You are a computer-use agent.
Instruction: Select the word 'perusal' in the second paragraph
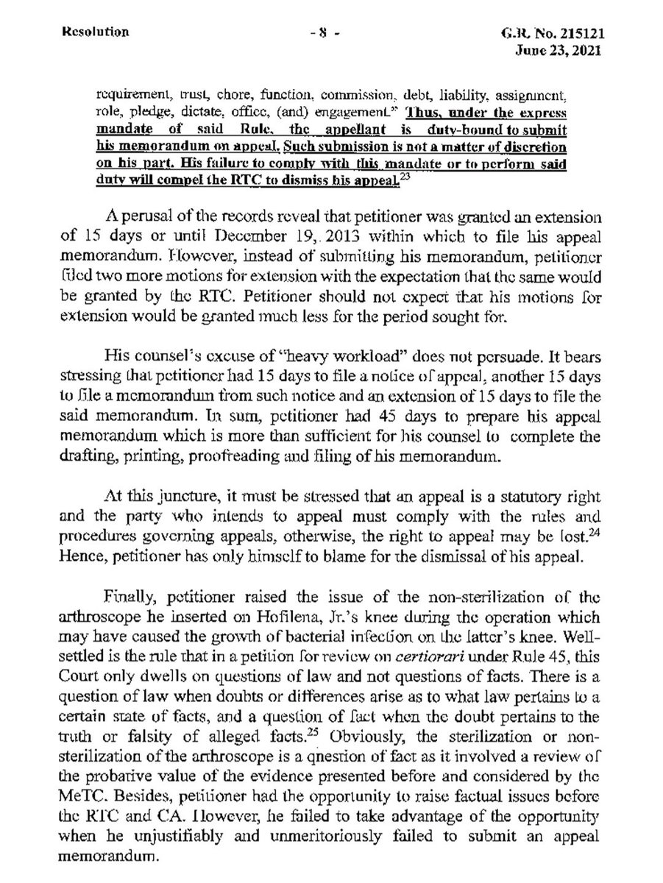click(x=145, y=220)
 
